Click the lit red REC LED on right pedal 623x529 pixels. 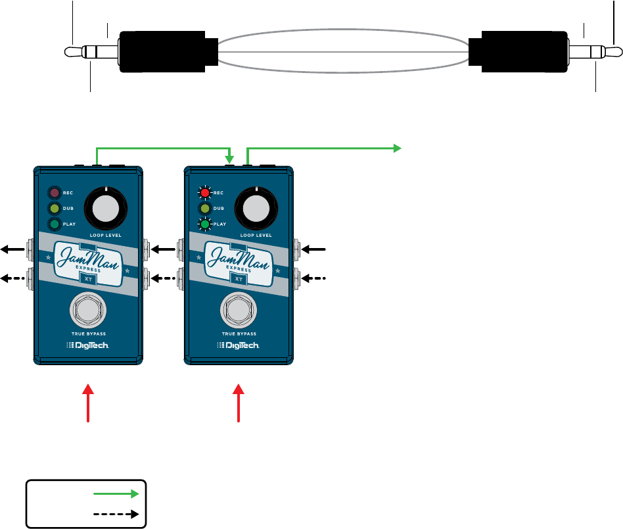(x=206, y=193)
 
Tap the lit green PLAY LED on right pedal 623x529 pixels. (x=206, y=225)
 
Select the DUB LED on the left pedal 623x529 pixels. (x=54, y=209)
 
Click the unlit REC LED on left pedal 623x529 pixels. (x=54, y=193)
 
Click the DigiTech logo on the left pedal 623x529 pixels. (x=88, y=345)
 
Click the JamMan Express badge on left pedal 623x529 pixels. (x=88, y=258)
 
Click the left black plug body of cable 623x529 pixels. (x=167, y=51)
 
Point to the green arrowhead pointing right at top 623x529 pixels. (x=397, y=148)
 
